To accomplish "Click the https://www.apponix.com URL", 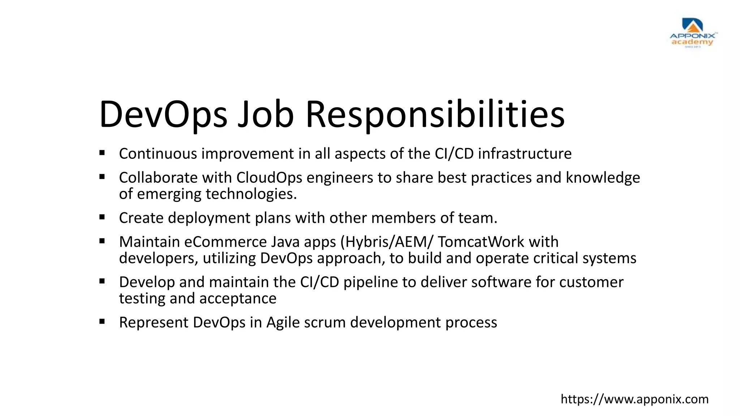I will point(634,399).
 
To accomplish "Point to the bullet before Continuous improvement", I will point(102,153).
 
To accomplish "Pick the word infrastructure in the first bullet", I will point(525,154).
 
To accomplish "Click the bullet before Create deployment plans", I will point(102,217).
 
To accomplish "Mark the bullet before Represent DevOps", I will point(102,321).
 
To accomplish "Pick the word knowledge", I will point(603,178).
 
